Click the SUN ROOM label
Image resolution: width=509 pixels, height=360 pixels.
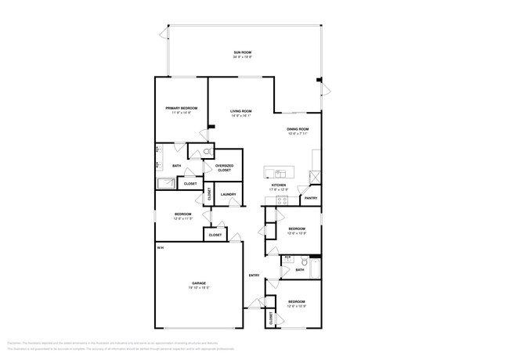pos(242,52)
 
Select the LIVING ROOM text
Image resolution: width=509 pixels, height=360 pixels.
pos(240,111)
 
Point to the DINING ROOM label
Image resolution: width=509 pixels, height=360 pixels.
pos(297,129)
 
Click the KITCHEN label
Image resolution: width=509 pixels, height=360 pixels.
pos(280,185)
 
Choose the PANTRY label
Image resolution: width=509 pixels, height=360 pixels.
pos(311,199)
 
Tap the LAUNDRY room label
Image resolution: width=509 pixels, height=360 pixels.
pos(228,194)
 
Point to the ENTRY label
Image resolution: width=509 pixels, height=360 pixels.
pos(254,275)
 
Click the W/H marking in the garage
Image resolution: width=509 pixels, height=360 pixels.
pos(160,248)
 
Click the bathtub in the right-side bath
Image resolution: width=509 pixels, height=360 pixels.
pos(314,270)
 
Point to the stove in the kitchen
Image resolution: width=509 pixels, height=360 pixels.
pos(283,201)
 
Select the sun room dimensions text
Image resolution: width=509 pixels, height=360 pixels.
pos(242,57)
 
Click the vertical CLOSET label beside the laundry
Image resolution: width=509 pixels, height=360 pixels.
pos(209,193)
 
